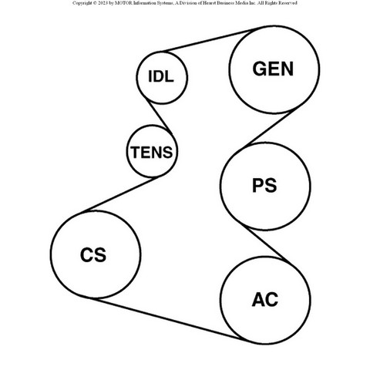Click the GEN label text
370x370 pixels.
pos(273,69)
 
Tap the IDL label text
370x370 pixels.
pos(161,76)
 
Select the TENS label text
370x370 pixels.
pos(152,152)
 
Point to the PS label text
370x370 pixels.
pos(264,186)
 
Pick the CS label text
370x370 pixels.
pos(93,254)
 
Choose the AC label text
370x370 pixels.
pos(265,299)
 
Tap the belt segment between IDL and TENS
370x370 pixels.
pos(159,116)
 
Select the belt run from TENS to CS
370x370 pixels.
pos(121,193)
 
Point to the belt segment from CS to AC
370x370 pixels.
pos(167,319)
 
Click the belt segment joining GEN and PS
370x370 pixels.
pos(271,128)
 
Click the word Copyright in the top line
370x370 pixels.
pos(82,3)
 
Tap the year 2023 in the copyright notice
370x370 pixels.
pos(103,3)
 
